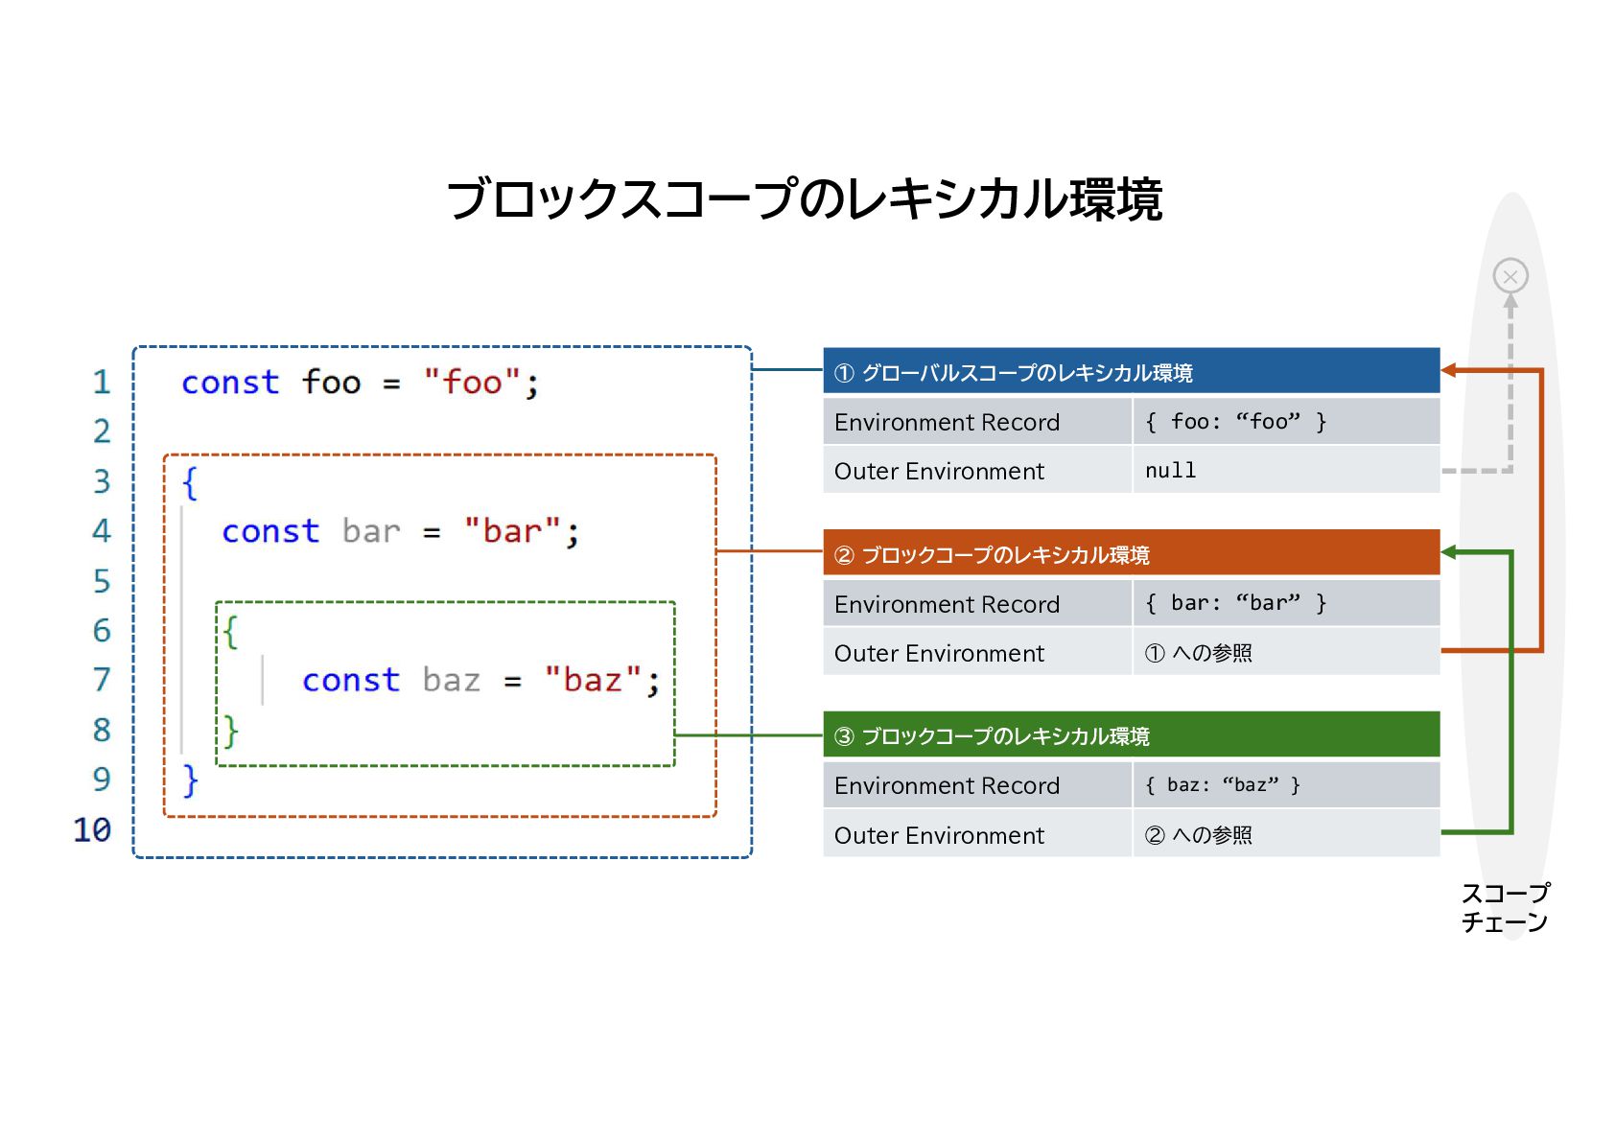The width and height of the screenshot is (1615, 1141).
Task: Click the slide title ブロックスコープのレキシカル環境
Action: (805, 199)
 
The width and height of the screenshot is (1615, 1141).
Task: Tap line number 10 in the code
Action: (92, 829)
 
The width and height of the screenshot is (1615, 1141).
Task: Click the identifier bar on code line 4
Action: (370, 531)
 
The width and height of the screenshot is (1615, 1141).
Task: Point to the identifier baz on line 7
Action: (451, 680)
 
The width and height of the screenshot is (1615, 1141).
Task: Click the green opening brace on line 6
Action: (230, 631)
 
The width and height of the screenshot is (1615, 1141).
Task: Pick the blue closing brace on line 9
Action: (190, 780)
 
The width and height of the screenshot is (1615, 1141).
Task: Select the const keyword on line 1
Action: (230, 383)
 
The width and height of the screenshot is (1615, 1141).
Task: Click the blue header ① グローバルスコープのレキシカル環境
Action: (1131, 372)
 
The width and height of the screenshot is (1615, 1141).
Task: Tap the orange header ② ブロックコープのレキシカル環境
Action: (1131, 554)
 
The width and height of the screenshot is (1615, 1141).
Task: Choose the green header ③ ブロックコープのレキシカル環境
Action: (1131, 735)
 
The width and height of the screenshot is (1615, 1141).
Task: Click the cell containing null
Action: (1285, 471)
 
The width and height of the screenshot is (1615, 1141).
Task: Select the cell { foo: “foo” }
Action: (1285, 422)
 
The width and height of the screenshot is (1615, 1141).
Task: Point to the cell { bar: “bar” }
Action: (1285, 603)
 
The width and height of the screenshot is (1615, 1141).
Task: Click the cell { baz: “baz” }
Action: (1285, 785)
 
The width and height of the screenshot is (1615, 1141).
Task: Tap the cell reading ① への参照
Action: (1285, 653)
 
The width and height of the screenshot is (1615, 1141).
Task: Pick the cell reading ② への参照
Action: (1285, 835)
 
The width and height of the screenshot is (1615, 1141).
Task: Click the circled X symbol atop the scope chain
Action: (1510, 276)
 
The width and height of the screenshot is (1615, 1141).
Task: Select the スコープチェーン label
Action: (1504, 907)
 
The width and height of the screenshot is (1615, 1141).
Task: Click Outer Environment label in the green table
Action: (939, 835)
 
